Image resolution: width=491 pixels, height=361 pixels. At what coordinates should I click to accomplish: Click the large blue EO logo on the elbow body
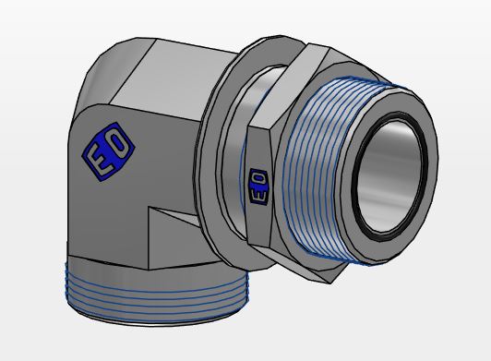(108, 151)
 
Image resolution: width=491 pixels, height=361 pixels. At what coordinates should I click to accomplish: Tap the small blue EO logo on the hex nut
(259, 187)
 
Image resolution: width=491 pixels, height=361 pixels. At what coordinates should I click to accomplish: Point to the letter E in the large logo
(99, 162)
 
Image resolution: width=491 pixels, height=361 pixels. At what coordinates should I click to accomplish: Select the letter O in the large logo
(120, 143)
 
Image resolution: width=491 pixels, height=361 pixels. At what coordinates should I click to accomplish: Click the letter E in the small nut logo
(259, 195)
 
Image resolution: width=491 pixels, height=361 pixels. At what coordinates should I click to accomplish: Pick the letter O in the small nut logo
(259, 179)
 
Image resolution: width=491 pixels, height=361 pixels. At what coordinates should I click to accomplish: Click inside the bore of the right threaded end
(389, 176)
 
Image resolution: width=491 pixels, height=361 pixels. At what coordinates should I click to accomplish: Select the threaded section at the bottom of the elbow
(157, 293)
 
